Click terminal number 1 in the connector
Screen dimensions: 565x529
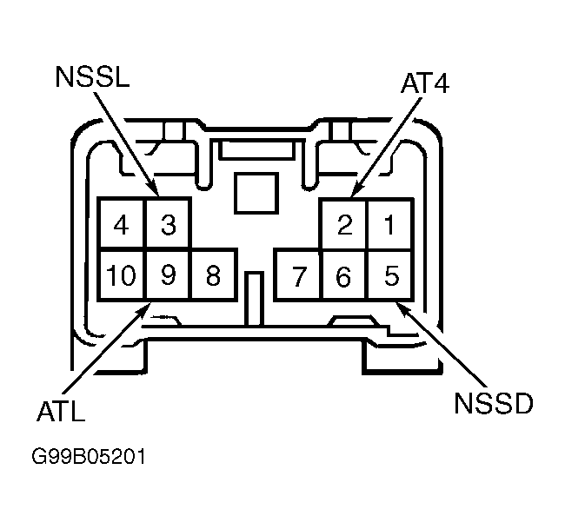pos(389,224)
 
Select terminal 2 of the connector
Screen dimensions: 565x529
pos(344,224)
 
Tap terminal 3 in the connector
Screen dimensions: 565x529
pos(168,224)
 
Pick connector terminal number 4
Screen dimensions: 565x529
pos(122,224)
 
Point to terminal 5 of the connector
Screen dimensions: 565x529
pos(390,275)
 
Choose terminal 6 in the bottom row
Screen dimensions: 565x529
pos(343,275)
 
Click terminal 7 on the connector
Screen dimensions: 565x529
pos(298,275)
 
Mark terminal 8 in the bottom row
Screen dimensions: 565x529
pos(213,274)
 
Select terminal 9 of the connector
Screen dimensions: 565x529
pos(168,274)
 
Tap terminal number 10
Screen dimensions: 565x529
pos(122,274)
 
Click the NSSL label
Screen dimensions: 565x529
pos(93,76)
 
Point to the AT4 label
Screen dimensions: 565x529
pos(425,83)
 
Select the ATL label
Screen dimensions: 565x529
pos(61,411)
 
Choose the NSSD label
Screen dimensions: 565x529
pos(494,403)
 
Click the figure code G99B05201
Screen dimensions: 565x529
pos(89,456)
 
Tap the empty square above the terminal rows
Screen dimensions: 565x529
pos(256,193)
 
